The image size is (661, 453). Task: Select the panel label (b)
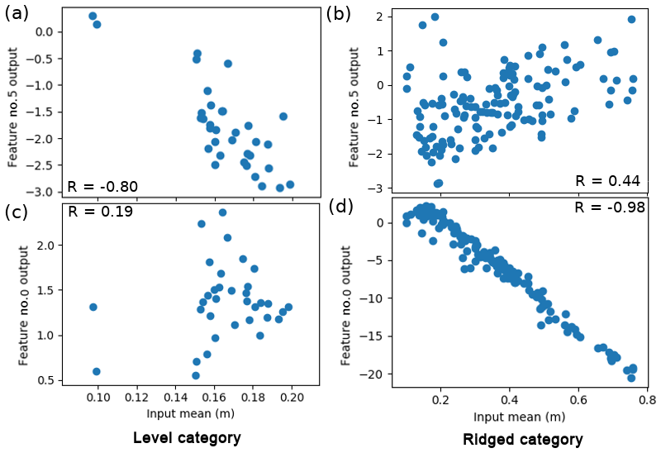coord(339,13)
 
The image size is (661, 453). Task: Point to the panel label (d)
coord(340,206)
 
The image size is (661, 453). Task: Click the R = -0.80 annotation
coord(102,186)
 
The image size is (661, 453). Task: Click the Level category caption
coord(187,437)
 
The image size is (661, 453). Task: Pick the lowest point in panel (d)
coord(631,378)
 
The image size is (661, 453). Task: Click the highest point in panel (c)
coord(222,212)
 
